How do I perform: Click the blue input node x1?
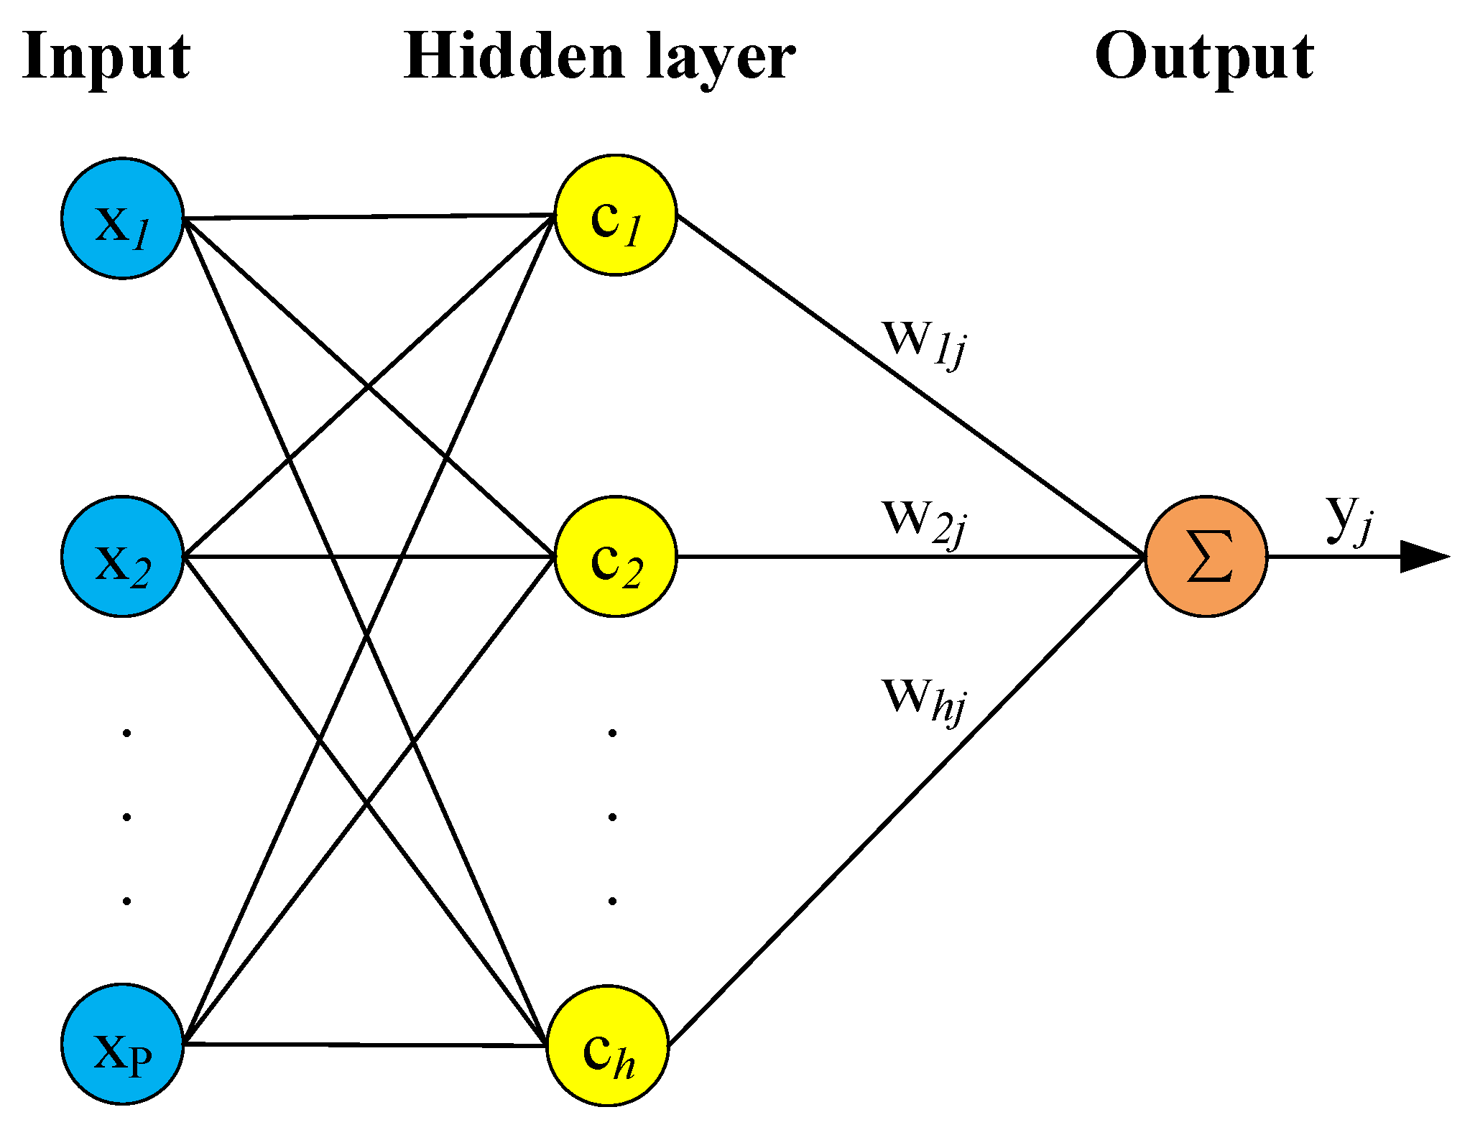click(x=122, y=218)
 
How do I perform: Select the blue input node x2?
click(x=122, y=557)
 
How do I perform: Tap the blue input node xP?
click(x=122, y=1043)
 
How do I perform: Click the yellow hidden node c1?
click(x=616, y=215)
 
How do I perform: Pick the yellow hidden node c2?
click(x=616, y=557)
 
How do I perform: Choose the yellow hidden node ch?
click(x=608, y=1046)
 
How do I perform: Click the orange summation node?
click(x=1206, y=557)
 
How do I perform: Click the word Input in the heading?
click(x=106, y=57)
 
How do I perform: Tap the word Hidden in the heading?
click(x=514, y=57)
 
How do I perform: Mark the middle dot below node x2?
click(x=127, y=817)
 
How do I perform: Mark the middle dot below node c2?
click(x=612, y=817)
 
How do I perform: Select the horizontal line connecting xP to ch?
click(x=366, y=1045)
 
